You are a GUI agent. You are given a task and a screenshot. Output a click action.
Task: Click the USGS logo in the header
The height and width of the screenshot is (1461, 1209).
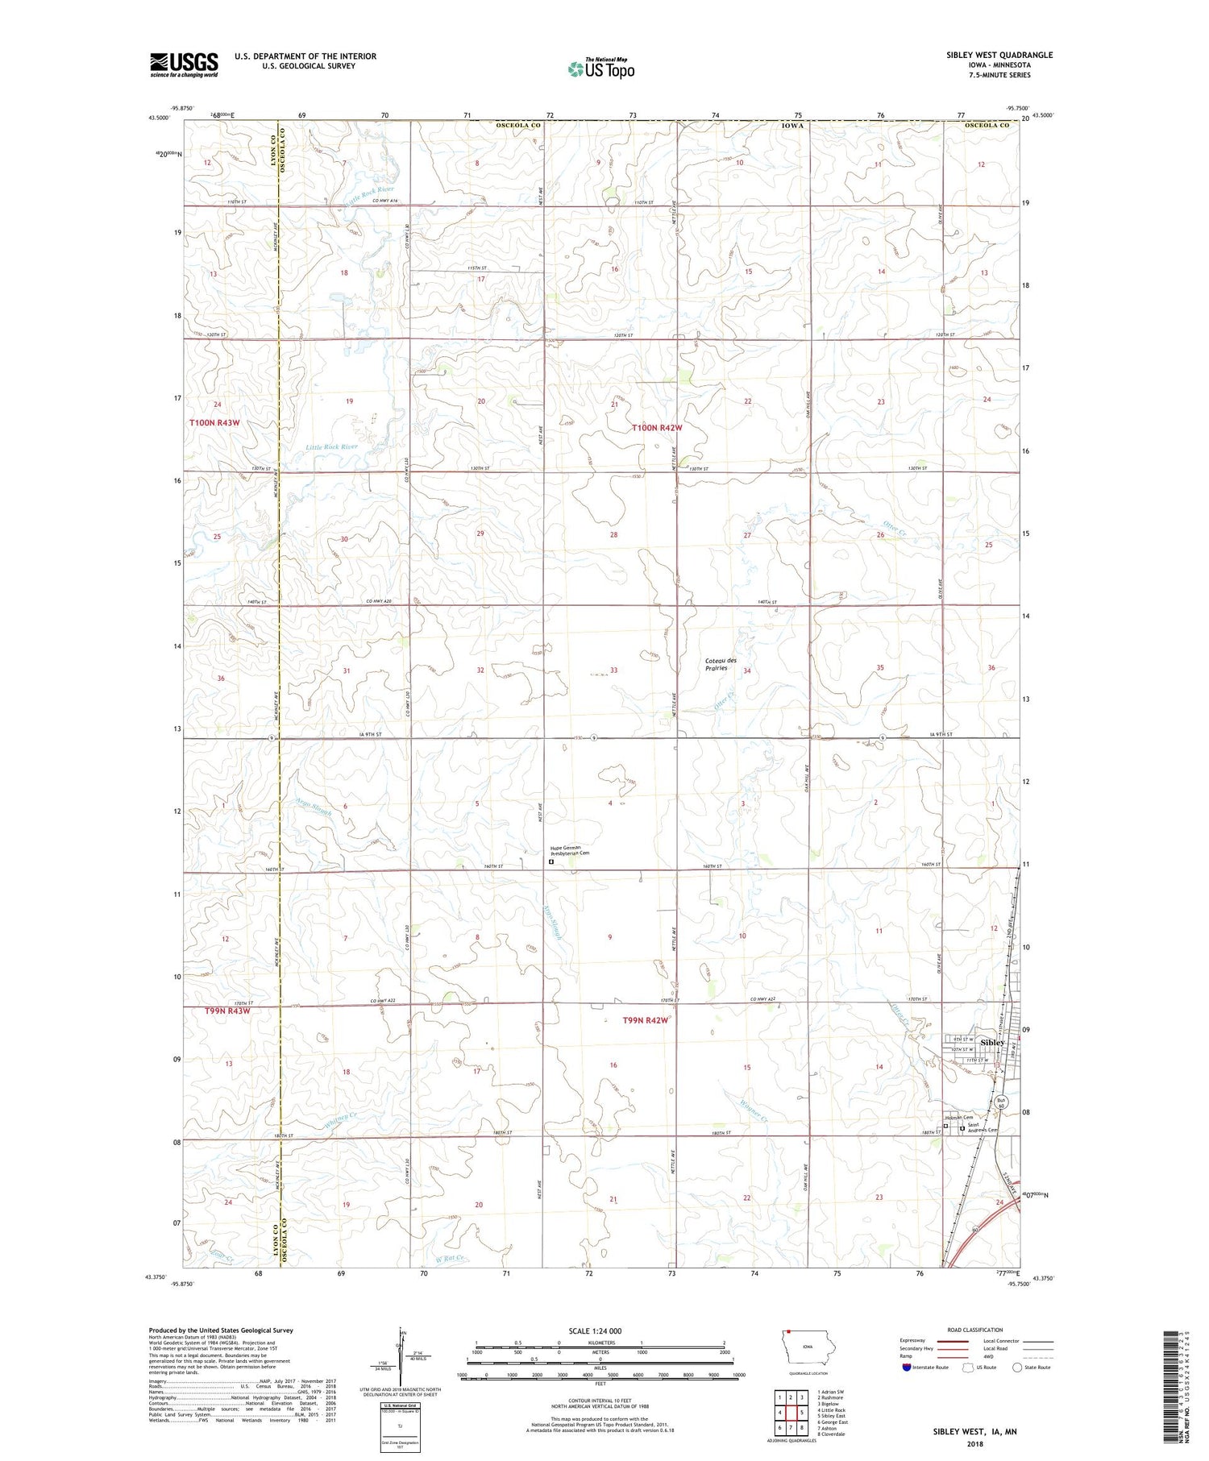pos(184,64)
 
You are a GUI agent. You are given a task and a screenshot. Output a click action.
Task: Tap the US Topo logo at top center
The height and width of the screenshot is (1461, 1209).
pos(601,69)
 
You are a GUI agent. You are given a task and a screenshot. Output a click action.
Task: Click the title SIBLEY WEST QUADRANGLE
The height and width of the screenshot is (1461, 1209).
pos(999,55)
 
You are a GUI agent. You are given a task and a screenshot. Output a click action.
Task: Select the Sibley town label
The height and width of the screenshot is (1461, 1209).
pos(993,1042)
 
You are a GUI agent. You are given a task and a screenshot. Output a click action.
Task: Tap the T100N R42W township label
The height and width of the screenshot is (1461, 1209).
pos(656,428)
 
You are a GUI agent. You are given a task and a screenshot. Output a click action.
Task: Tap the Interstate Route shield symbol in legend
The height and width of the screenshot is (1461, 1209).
pos(907,1368)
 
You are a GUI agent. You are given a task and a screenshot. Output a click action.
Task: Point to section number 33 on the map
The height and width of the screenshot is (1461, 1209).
pos(613,670)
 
